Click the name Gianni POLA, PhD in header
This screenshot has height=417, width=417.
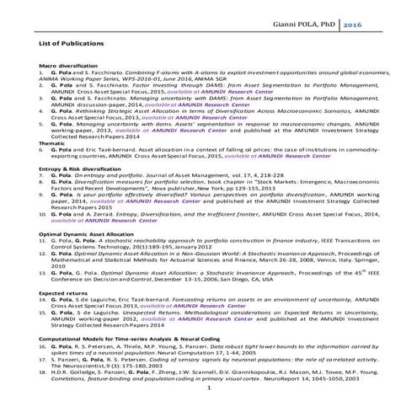298,27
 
